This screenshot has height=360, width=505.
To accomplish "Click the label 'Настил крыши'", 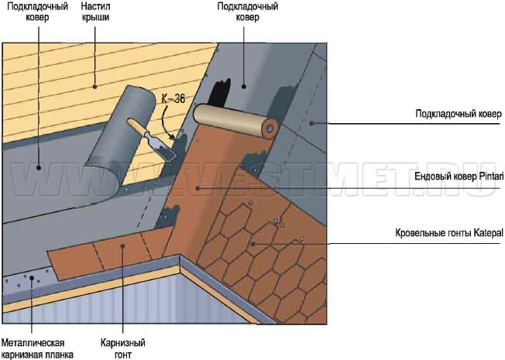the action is click(95, 12).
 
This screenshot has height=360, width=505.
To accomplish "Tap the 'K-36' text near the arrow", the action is click(173, 99).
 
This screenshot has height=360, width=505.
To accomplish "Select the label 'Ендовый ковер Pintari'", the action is click(459, 177).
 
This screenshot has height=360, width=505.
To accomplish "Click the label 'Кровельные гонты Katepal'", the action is click(449, 233).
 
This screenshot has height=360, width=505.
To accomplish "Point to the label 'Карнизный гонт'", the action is click(122, 348).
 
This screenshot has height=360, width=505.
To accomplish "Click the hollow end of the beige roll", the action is click(270, 128).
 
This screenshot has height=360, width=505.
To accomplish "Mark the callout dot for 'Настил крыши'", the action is click(95, 86).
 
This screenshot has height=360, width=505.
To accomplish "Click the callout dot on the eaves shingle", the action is click(122, 245).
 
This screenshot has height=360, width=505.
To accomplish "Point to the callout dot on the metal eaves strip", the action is click(32, 278).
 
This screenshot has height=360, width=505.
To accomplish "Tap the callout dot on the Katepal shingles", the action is click(253, 244).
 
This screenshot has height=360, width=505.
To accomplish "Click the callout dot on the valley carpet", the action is click(198, 188).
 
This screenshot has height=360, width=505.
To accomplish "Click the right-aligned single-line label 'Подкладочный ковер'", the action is click(459, 114).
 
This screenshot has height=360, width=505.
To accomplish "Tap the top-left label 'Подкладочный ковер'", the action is click(38, 12).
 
